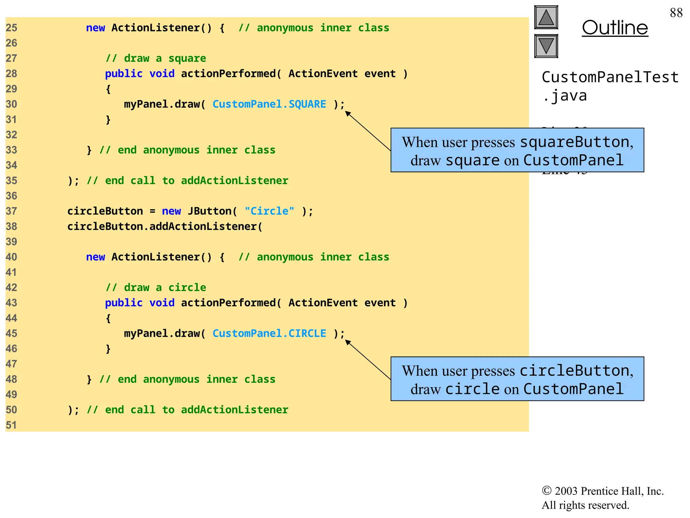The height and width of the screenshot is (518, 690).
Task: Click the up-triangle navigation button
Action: tap(546, 18)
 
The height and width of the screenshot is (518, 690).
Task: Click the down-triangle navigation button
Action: tap(546, 46)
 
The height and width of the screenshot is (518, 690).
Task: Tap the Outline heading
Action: tap(615, 28)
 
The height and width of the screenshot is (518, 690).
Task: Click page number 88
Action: tap(676, 13)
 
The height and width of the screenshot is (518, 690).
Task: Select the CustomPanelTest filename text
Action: tap(610, 78)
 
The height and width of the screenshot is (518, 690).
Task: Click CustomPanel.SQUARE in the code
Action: tap(269, 104)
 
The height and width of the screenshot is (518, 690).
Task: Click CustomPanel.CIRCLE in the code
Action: tap(269, 334)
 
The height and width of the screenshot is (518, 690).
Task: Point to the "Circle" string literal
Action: tap(269, 211)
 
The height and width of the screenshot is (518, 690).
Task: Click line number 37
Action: tap(11, 211)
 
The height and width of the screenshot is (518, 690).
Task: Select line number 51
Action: tap(11, 425)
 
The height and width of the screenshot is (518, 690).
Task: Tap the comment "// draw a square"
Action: tap(156, 58)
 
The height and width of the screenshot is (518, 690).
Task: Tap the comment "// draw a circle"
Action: tap(156, 288)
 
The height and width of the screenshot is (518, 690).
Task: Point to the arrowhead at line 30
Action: tap(347, 113)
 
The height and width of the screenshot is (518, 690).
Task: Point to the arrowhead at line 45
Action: tap(347, 342)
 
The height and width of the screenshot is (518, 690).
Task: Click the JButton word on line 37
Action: tap(209, 211)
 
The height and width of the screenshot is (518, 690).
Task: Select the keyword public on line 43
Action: tap(124, 303)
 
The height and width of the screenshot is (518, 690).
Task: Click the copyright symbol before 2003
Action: tap(546, 491)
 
